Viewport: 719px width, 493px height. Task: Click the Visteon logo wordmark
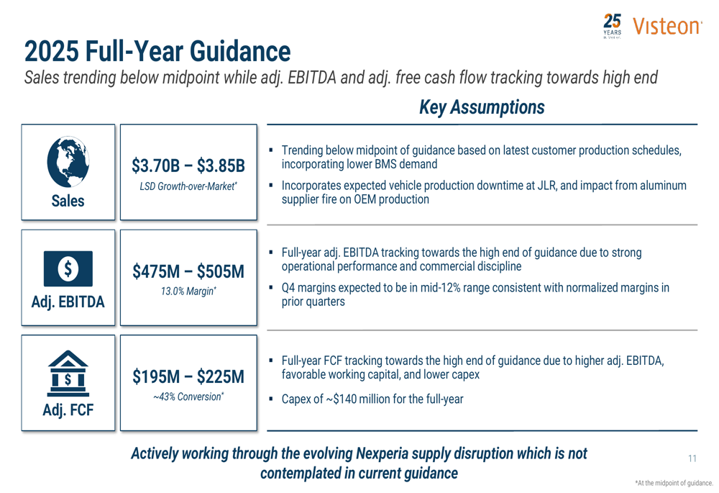point(667,27)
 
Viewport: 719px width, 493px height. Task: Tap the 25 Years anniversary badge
point(612,25)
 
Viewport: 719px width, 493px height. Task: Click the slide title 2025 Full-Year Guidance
point(157,52)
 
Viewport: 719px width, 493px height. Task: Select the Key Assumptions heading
point(481,107)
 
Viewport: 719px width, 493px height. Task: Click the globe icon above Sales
point(68,162)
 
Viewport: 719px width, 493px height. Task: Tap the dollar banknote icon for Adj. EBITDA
point(68,269)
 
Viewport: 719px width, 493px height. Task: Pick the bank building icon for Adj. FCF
point(68,376)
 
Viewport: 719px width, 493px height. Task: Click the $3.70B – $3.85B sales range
point(188,166)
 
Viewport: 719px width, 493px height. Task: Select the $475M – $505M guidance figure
point(188,272)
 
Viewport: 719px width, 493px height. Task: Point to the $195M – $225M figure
point(188,377)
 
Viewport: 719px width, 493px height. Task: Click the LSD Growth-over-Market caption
point(188,187)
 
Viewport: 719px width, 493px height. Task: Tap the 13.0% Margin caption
point(188,291)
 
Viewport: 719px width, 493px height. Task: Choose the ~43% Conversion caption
point(188,397)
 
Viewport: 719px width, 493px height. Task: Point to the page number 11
point(692,458)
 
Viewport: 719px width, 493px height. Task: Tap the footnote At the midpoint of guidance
point(674,483)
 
